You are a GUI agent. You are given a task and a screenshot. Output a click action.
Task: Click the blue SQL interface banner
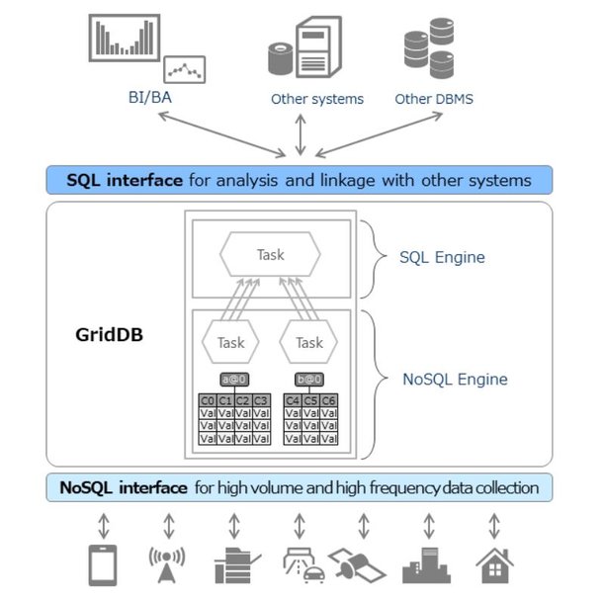point(300,180)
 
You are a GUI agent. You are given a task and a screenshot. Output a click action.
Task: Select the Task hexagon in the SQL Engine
point(270,255)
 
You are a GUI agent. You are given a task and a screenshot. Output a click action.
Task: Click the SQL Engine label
point(441,258)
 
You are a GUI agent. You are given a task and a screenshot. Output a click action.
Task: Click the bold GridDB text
point(110,334)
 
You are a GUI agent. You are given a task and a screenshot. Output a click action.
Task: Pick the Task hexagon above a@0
point(230,343)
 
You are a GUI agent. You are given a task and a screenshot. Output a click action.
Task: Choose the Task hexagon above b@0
point(309,343)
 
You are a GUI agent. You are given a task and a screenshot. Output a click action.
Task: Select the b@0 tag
point(309,379)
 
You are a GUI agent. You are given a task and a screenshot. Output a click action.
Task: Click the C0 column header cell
point(208,400)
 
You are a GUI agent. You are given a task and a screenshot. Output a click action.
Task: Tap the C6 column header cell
point(328,400)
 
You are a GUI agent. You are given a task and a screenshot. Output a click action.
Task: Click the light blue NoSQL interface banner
point(300,488)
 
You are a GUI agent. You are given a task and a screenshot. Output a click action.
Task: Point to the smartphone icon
point(104,564)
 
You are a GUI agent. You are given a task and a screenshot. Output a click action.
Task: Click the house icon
point(494,564)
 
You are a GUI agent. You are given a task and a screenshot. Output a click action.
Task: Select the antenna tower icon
point(167,564)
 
